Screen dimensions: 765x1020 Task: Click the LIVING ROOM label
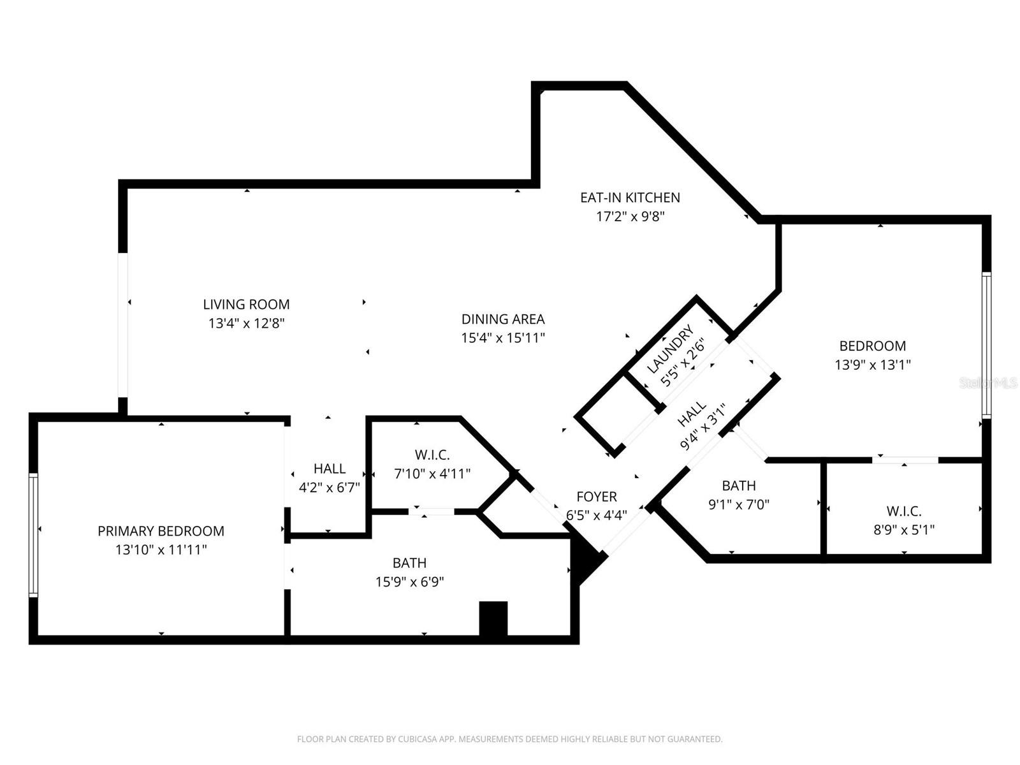tap(246, 305)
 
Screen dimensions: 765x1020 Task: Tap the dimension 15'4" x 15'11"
tap(503, 338)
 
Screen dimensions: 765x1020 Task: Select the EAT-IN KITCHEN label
tap(630, 198)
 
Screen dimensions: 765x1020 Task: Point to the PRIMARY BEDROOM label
tap(161, 531)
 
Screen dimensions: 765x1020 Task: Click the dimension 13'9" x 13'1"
tap(872, 365)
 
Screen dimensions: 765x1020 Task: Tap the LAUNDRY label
tap(669, 350)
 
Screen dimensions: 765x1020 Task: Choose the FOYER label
tap(596, 497)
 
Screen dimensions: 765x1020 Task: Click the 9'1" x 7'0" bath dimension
tap(739, 505)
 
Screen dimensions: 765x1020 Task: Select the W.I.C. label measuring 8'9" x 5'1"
tap(903, 511)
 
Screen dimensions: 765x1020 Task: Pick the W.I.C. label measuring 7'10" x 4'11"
tap(432, 455)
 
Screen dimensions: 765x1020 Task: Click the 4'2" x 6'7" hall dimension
tap(330, 488)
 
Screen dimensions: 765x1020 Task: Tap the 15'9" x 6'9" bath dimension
tap(409, 582)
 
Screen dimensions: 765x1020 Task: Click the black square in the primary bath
tap(493, 618)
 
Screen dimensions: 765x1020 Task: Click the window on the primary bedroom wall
tap(33, 535)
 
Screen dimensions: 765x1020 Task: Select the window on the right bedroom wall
tap(986, 345)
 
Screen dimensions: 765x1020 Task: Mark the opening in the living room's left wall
tap(123, 325)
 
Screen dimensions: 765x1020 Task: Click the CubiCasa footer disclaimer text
tap(509, 739)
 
